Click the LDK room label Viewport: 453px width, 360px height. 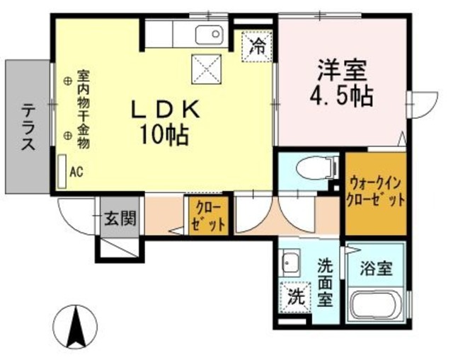(x=166, y=110)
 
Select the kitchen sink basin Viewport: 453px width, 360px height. (x=208, y=35)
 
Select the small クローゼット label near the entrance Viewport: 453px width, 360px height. (x=207, y=216)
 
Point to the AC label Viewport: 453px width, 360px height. (x=76, y=170)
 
